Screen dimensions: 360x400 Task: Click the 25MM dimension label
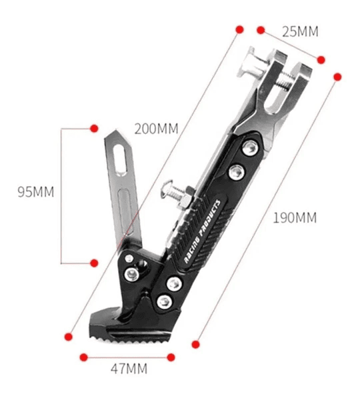300,31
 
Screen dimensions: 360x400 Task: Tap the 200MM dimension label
156,129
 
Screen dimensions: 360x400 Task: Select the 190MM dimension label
295,218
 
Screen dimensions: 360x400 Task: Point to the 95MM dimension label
36,192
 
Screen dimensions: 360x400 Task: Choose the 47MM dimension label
129,369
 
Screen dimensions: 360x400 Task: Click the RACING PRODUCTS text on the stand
202,231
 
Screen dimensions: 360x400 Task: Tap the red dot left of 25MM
261,30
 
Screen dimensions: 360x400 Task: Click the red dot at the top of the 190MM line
337,77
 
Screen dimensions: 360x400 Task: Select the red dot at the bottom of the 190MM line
195,345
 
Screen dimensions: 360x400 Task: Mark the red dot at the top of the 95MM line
94,128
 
